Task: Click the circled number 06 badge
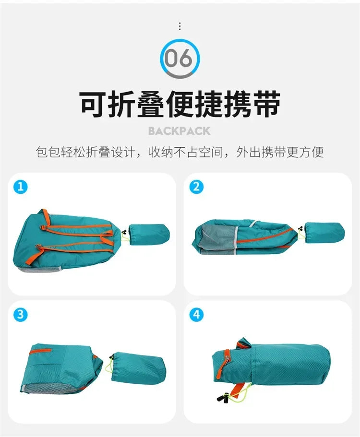180,59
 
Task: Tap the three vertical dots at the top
180,26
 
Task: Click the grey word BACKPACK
180,131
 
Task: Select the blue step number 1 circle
20,187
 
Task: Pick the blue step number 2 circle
196,187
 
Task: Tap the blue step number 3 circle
20,315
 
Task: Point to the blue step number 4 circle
196,315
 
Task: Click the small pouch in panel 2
324,233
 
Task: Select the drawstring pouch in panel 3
139,366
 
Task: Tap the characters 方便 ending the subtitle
312,153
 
